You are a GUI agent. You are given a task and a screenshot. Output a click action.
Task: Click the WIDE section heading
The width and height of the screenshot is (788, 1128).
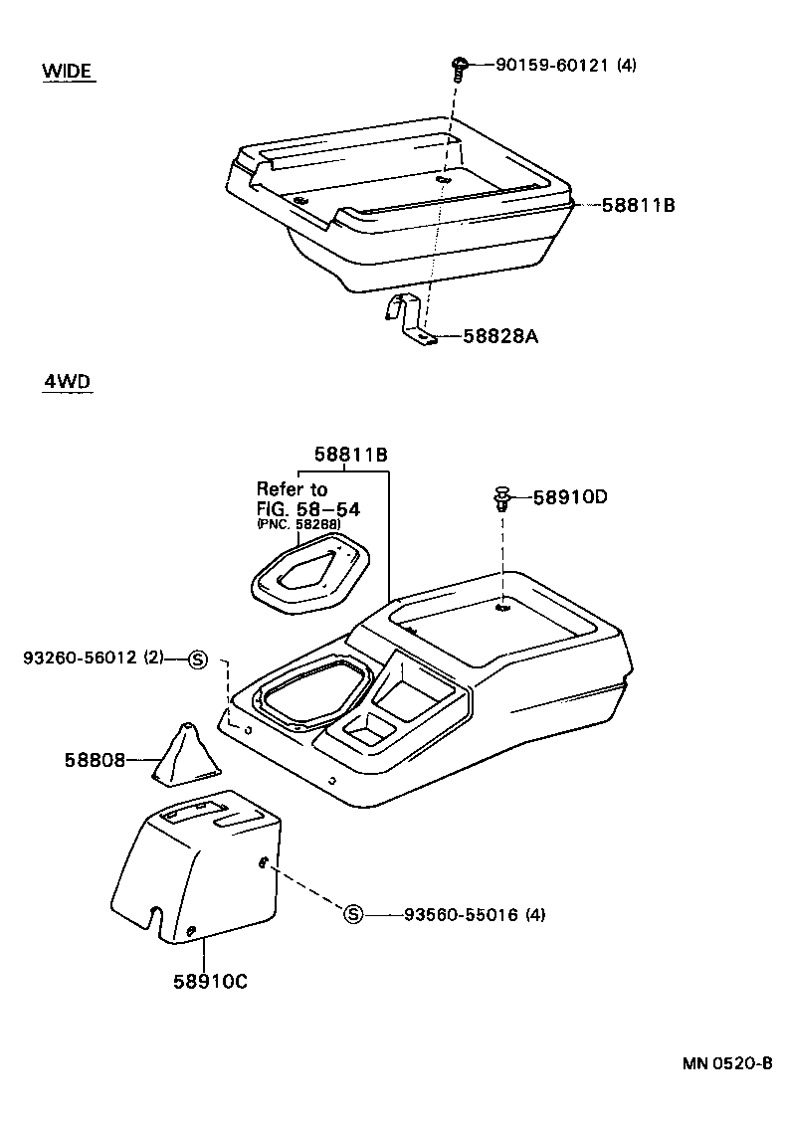(x=67, y=71)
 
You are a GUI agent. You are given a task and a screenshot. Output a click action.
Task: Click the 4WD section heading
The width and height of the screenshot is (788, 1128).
(x=66, y=382)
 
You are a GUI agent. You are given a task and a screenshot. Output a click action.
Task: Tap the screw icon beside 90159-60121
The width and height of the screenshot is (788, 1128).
(x=459, y=68)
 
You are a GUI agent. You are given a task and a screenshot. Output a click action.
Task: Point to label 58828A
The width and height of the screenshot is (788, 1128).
(x=500, y=336)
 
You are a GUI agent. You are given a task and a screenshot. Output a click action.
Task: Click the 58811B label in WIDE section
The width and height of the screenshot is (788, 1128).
(x=638, y=205)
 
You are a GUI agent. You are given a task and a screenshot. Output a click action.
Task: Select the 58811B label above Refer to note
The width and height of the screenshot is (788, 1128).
(x=350, y=455)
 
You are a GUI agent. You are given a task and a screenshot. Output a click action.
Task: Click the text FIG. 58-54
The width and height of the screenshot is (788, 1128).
(x=307, y=508)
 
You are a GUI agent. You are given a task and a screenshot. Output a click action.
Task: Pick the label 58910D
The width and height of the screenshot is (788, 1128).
(x=569, y=496)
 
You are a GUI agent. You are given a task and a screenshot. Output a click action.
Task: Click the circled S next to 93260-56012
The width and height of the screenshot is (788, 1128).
(x=197, y=658)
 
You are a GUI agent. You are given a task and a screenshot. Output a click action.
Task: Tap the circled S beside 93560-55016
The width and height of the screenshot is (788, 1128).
(x=353, y=914)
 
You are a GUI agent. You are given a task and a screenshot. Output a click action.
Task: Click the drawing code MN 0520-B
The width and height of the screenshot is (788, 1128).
(x=727, y=1062)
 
